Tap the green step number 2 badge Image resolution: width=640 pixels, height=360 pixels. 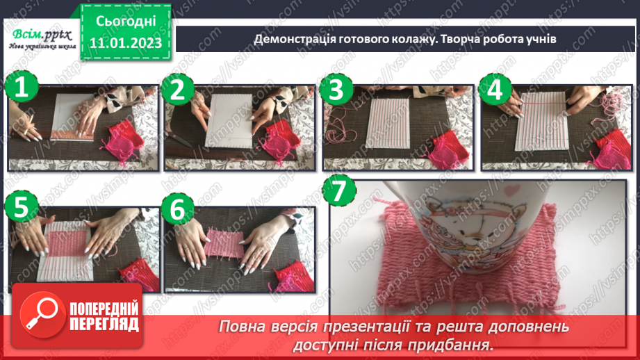coord(179,88)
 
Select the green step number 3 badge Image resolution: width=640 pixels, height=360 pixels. coord(336,88)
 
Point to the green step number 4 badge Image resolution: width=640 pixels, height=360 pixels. coord(495,88)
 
